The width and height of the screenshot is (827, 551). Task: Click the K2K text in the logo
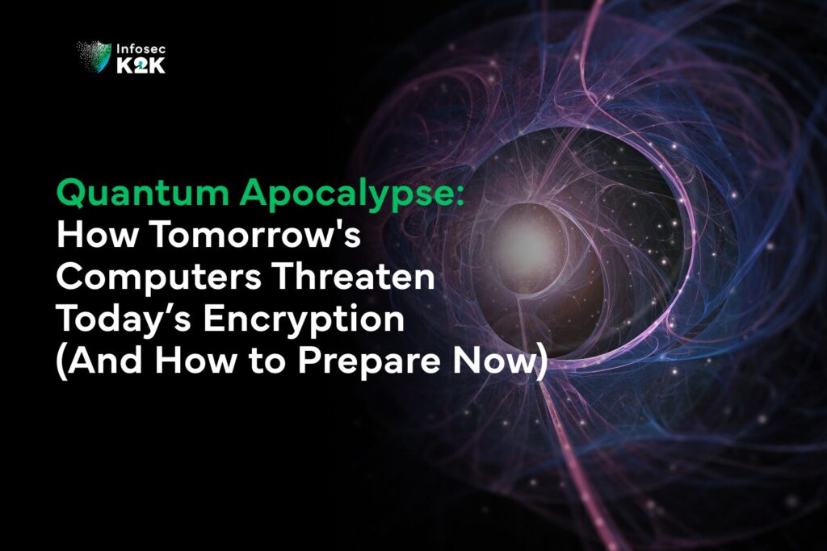coord(141,66)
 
